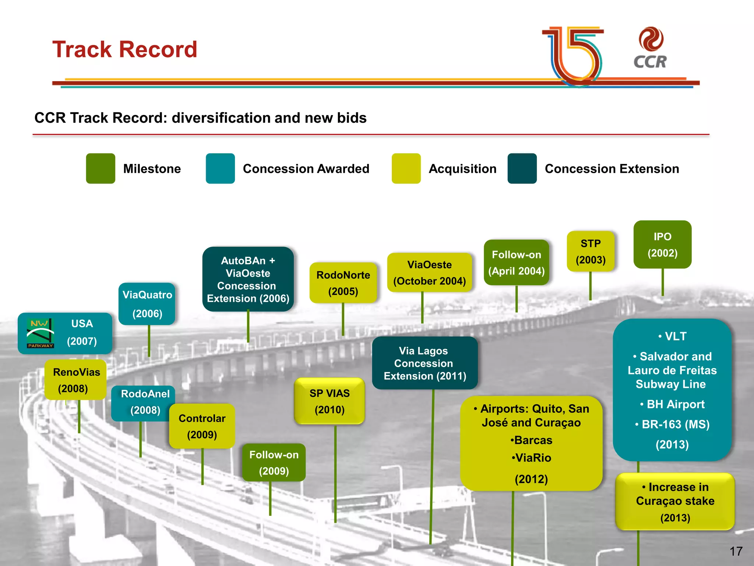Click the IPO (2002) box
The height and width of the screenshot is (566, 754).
(662, 245)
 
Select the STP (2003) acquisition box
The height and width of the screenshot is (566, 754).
(591, 251)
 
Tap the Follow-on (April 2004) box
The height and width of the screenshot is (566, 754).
(516, 262)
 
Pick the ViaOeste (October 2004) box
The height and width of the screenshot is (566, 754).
(429, 273)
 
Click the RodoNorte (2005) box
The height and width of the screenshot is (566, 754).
(343, 283)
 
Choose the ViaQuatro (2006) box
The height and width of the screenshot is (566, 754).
(147, 304)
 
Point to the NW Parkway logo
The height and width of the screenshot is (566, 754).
(40, 333)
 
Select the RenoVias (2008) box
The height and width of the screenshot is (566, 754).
(75, 380)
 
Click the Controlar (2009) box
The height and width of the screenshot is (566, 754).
(202, 426)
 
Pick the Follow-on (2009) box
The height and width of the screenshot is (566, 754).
(274, 462)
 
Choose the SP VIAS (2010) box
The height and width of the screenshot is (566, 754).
(330, 401)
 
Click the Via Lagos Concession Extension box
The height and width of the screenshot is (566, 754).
(425, 363)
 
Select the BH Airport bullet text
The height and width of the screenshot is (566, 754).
(675, 404)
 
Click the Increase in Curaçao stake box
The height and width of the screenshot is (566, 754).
(675, 502)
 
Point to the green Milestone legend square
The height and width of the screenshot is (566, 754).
(101, 168)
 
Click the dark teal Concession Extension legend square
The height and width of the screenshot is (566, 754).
(522, 168)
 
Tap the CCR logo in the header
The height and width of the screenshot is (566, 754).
(651, 48)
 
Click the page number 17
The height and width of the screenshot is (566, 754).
(736, 551)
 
